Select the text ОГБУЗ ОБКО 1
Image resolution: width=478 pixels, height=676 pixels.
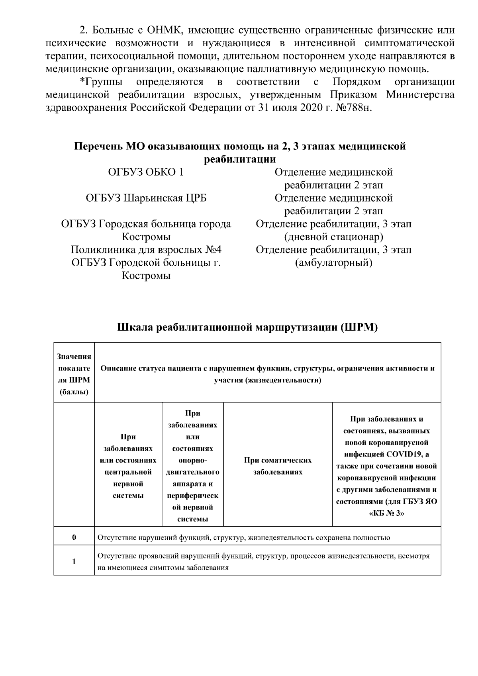tap(146, 172)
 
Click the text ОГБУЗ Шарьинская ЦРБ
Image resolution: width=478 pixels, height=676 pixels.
tap(146, 198)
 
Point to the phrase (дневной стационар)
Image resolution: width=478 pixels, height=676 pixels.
tap(333, 237)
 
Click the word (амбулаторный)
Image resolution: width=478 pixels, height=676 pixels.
tap(333, 263)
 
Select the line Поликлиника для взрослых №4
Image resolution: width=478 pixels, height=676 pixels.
tap(146, 250)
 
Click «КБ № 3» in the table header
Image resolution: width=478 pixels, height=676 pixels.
tap(386, 513)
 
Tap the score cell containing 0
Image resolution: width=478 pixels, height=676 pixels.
tap(74, 537)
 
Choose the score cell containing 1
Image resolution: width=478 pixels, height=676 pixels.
tap(74, 562)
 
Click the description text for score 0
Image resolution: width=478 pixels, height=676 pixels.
tap(243, 538)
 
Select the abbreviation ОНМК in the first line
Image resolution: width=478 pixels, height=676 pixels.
tap(166, 30)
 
